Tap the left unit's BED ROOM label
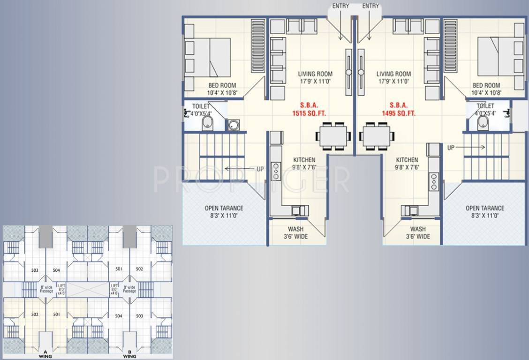[x=222, y=86]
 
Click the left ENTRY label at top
[x=340, y=6]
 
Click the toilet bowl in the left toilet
[x=207, y=124]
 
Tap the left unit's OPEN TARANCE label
[x=223, y=208]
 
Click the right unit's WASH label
[x=418, y=229]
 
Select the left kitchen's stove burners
[x=276, y=171]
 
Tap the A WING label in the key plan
[x=45, y=354]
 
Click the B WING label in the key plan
[x=129, y=354]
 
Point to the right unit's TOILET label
[x=485, y=106]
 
